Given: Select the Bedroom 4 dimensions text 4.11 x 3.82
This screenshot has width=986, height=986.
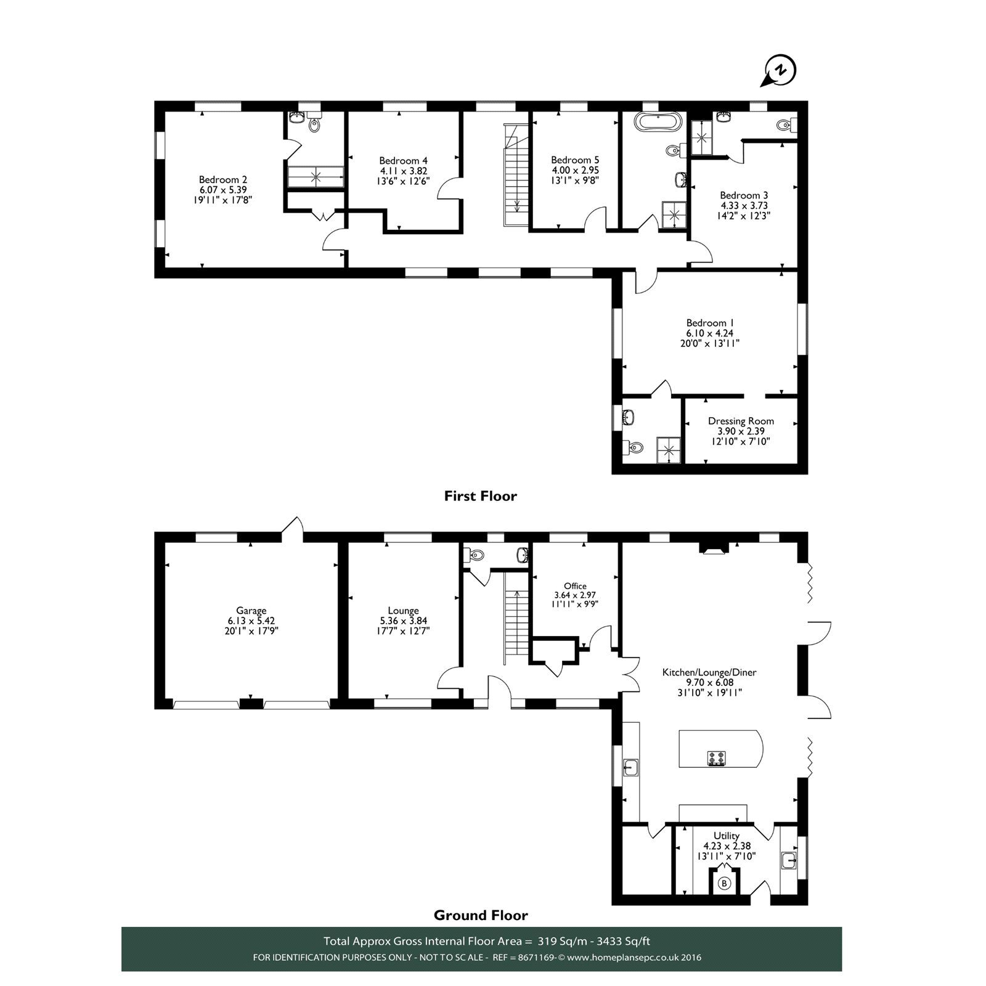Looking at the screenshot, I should tap(403, 171).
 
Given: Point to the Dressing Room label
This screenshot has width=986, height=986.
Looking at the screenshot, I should tap(741, 421).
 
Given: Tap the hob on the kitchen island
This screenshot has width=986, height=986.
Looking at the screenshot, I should tap(716, 759).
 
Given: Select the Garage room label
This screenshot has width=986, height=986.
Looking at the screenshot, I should tap(251, 611).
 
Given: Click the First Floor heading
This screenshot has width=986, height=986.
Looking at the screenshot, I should tap(480, 496).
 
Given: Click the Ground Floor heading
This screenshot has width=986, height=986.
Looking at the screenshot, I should tap(481, 915).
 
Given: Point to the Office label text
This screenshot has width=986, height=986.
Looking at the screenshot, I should tap(575, 586).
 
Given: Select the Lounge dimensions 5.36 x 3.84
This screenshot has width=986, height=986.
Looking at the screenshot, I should tap(404, 621).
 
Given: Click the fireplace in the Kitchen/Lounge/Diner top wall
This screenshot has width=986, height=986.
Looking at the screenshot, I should tap(714, 548).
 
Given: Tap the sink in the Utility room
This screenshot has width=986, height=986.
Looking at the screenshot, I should tap(788, 860).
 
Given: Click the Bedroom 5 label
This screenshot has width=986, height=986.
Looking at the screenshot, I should tap(575, 160).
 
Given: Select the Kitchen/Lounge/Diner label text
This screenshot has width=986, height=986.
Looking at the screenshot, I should tap(709, 672).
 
